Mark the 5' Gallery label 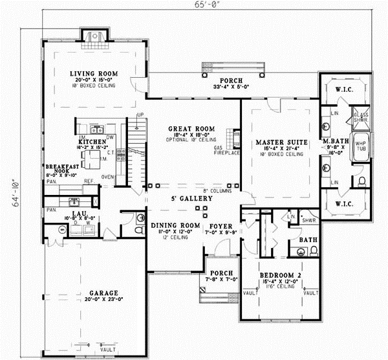192,198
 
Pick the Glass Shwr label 361,117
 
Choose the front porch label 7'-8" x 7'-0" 213,276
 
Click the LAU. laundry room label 80,214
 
